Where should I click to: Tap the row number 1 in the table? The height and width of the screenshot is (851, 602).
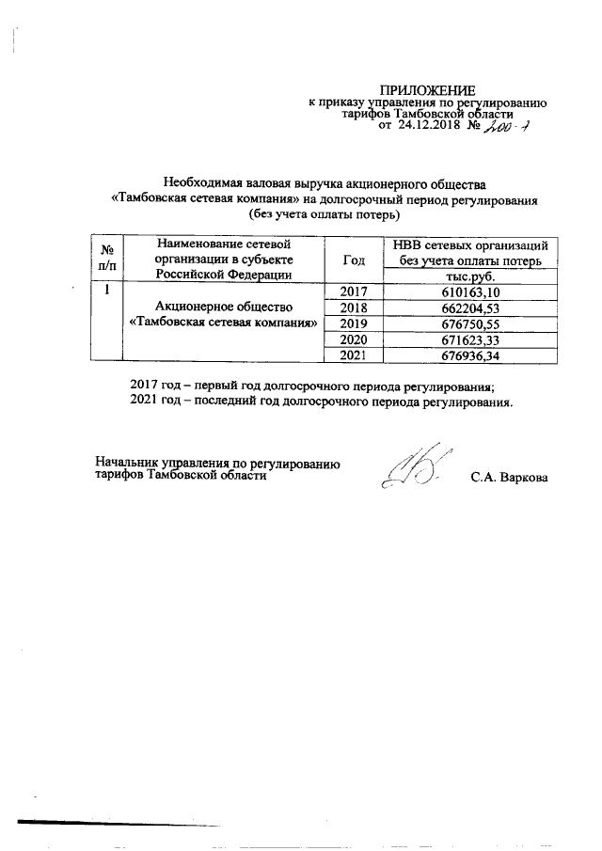tap(107, 292)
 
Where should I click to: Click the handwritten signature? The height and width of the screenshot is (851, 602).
tap(414, 469)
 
